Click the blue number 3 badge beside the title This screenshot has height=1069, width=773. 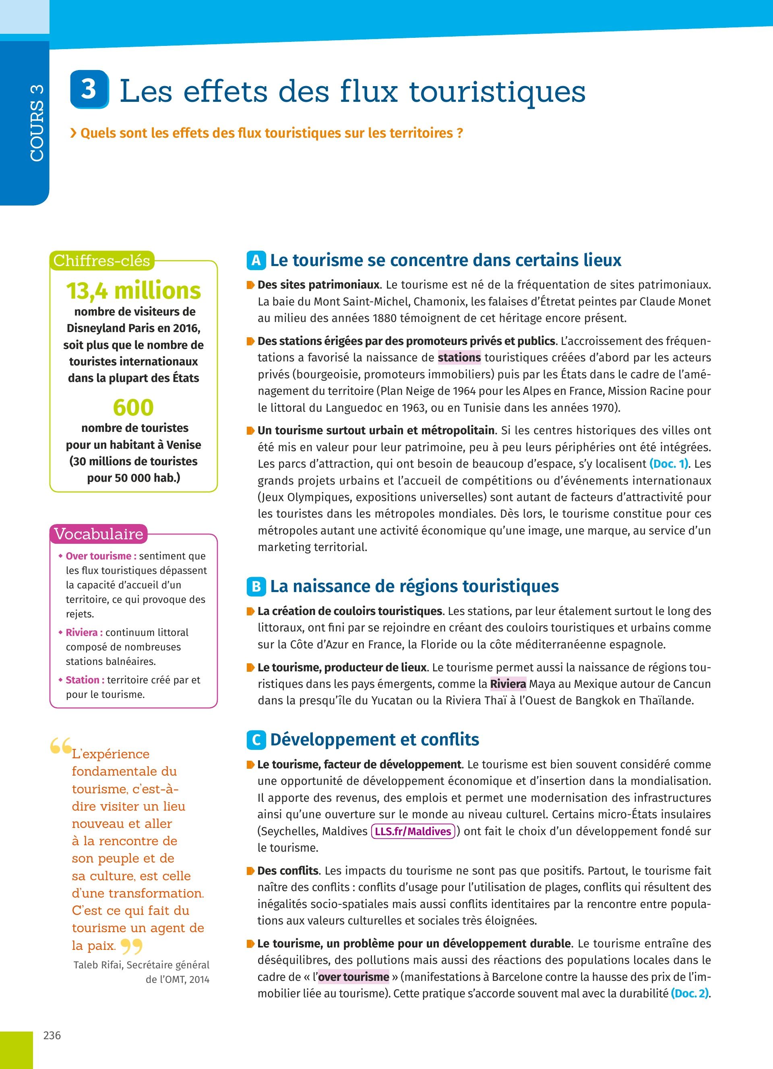[x=89, y=89]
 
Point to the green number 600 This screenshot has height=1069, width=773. [x=133, y=407]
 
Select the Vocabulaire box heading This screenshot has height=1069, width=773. [x=99, y=534]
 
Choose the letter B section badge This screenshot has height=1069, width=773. [x=256, y=586]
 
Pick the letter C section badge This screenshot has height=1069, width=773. [x=256, y=739]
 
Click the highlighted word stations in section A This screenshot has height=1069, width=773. [x=459, y=358]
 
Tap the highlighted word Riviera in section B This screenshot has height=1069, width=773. [x=508, y=684]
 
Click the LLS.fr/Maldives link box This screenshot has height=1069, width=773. [x=413, y=831]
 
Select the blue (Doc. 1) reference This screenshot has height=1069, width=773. [x=669, y=464]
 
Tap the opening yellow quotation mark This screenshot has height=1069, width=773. [x=60, y=746]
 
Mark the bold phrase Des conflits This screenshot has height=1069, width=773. [x=287, y=871]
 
